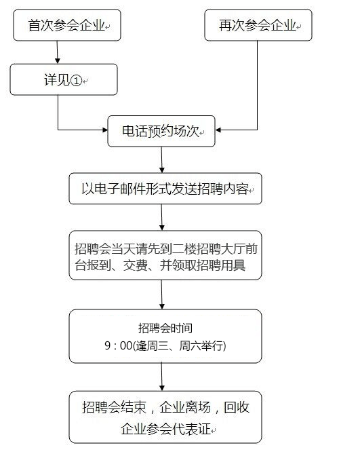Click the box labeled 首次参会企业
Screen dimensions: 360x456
(x=67, y=25)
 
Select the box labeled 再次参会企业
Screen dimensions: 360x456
(x=258, y=25)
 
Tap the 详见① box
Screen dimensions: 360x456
(x=64, y=79)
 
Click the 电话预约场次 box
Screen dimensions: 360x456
(x=161, y=131)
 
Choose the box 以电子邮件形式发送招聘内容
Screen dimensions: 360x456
(x=165, y=189)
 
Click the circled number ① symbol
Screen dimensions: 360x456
(x=76, y=80)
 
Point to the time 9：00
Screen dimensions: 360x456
(x=118, y=345)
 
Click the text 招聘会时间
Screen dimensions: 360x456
(x=165, y=328)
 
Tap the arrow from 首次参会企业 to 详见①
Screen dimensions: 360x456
(x=57, y=52)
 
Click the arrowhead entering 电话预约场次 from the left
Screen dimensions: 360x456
(x=105, y=130)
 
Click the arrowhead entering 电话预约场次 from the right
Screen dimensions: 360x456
(x=218, y=130)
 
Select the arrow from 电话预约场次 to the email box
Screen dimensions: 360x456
(x=162, y=160)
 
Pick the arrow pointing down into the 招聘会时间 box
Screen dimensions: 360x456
(x=162, y=294)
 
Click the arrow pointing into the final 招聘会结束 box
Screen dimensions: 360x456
(x=162, y=377)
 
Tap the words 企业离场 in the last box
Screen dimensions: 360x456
(x=185, y=407)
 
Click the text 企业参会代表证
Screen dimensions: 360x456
(x=165, y=429)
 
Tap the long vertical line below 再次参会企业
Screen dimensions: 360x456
(x=257, y=85)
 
